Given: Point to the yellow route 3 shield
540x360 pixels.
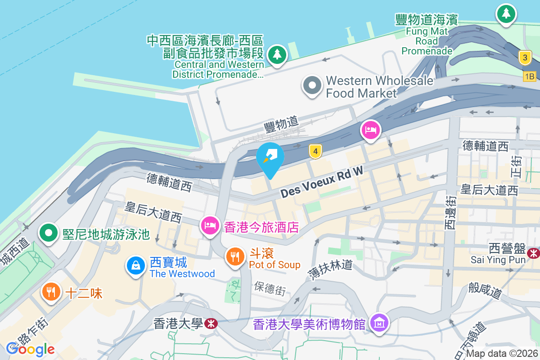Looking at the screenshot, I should coord(524,58).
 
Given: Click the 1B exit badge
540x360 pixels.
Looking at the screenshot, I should coord(530,76).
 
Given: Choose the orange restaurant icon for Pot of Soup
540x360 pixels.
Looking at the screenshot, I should coord(234,256).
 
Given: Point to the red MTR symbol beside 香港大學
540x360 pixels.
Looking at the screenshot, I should coord(210,323).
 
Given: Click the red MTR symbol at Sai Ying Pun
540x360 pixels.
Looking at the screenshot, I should coord(534,253).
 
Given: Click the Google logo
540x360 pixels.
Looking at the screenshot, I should coord(31,349).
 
